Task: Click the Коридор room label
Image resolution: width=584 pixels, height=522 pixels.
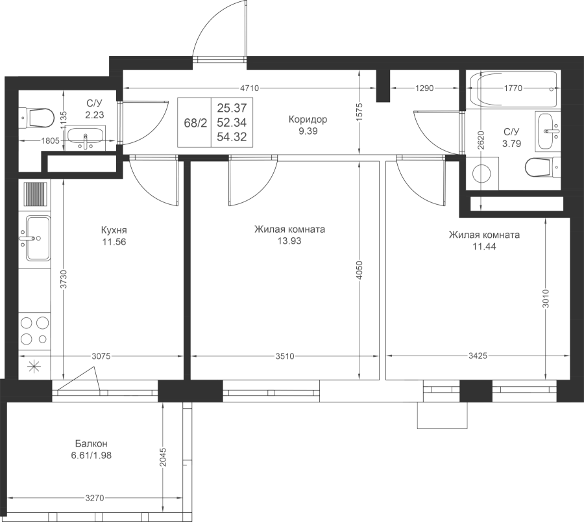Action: pyautogui.click(x=308, y=120)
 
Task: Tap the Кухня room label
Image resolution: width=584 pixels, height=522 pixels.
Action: pyautogui.click(x=114, y=230)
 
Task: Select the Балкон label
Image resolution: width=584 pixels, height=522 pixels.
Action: pyautogui.click(x=91, y=443)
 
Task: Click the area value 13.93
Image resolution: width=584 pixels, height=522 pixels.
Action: pyautogui.click(x=289, y=241)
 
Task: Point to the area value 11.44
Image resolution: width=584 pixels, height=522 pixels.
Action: pyautogui.click(x=484, y=246)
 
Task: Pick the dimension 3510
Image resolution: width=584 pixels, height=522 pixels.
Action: pyautogui.click(x=285, y=356)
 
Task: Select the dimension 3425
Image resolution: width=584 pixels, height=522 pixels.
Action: pyautogui.click(x=478, y=356)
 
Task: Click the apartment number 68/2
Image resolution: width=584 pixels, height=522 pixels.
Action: pyautogui.click(x=195, y=123)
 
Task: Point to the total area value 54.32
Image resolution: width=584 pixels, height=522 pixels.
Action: pyautogui.click(x=232, y=137)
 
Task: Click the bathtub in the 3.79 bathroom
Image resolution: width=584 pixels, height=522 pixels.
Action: pyautogui.click(x=514, y=89)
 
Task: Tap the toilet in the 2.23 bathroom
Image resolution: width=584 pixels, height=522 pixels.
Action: pyautogui.click(x=36, y=118)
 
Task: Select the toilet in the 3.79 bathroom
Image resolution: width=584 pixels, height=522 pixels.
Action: pyautogui.click(x=542, y=167)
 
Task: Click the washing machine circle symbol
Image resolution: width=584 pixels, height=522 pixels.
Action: pyautogui.click(x=483, y=174)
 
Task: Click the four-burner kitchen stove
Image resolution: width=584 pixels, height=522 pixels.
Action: pyautogui.click(x=34, y=330)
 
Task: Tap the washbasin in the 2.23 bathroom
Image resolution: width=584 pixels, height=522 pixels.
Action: pyautogui.click(x=86, y=137)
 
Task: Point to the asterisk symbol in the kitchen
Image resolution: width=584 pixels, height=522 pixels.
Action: pyautogui.click(x=34, y=367)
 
